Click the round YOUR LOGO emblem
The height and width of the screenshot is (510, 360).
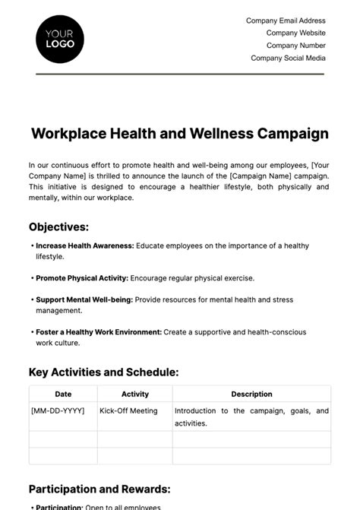[60, 38]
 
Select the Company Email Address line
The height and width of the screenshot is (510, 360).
[286, 21]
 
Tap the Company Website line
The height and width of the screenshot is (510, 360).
[295, 33]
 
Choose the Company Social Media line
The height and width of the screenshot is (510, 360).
[288, 58]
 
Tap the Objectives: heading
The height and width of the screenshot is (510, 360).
[58, 226]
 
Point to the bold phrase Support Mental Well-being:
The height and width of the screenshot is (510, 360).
[84, 299]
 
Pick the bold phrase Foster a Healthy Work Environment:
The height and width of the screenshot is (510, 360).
[99, 332]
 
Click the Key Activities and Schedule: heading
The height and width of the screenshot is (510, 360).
[103, 372]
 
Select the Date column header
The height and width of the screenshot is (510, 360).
[63, 394]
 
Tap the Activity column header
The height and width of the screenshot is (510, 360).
[135, 394]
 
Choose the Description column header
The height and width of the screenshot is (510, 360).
[251, 394]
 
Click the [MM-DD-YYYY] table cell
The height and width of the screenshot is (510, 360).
[57, 411]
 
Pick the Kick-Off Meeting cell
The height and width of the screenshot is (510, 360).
[128, 411]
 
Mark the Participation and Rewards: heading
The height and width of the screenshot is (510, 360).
[99, 489]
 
